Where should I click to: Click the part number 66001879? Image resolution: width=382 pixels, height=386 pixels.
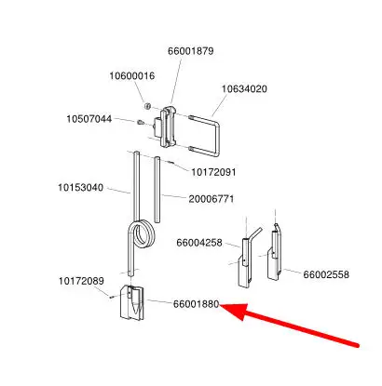click(191, 51)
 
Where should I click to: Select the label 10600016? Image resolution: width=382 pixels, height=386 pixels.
click(132, 76)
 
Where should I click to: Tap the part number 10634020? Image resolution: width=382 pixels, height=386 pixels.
click(244, 89)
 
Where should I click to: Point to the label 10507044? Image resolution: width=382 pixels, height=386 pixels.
click(89, 119)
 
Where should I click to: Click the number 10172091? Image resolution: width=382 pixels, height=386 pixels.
click(213, 172)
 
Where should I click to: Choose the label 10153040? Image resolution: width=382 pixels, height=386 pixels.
click(81, 188)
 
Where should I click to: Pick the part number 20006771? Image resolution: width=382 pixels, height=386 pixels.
click(211, 199)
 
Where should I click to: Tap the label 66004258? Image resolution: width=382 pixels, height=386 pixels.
click(199, 243)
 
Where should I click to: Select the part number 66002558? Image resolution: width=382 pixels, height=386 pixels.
click(326, 274)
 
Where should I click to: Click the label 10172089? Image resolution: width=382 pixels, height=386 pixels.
click(81, 281)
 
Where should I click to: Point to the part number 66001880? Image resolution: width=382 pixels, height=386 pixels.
click(197, 304)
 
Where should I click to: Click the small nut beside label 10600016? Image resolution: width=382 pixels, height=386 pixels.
click(147, 106)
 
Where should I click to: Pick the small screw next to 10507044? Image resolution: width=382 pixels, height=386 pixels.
click(141, 123)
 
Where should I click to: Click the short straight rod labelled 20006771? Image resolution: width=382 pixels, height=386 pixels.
click(157, 190)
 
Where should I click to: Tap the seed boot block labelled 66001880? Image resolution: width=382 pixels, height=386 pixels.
click(132, 302)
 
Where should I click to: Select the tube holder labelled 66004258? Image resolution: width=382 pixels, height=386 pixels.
click(247, 260)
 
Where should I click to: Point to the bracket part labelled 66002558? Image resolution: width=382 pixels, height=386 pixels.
click(275, 253)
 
